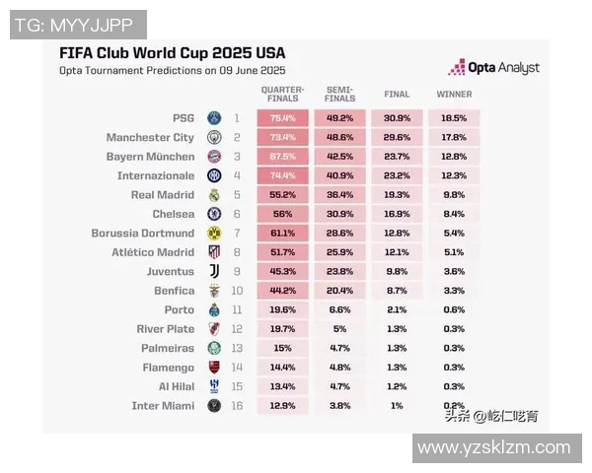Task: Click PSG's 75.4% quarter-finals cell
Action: pyautogui.click(x=282, y=118)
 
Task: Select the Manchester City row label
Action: pyautogui.click(x=150, y=137)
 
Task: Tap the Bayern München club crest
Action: pyautogui.click(x=214, y=157)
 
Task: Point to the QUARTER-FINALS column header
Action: pyautogui.click(x=282, y=94)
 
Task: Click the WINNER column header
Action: pyautogui.click(x=454, y=95)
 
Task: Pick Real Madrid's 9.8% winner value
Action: pyautogui.click(x=454, y=195)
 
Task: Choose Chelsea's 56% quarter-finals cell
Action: pyautogui.click(x=282, y=214)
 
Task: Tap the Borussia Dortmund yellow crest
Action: pyautogui.click(x=214, y=234)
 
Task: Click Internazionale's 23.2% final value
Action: pyautogui.click(x=397, y=175)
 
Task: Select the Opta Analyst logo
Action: pyautogui.click(x=494, y=68)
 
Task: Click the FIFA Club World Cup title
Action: pyautogui.click(x=172, y=52)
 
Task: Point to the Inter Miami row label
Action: pyautogui.click(x=163, y=406)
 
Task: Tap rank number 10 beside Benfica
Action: pyautogui.click(x=237, y=291)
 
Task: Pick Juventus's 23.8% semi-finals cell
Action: pyautogui.click(x=339, y=272)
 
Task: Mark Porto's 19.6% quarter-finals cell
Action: pyautogui.click(x=282, y=310)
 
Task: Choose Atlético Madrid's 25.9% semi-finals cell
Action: pyautogui.click(x=339, y=252)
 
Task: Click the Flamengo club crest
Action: pyautogui.click(x=214, y=368)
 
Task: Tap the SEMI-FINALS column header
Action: pyautogui.click(x=339, y=94)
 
